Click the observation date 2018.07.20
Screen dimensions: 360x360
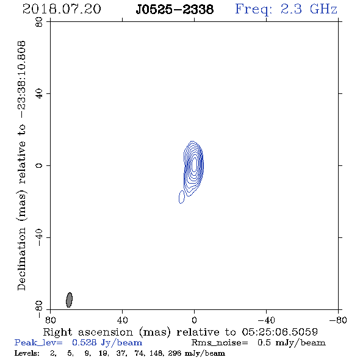tap(62, 9)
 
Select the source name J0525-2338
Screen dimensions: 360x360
tap(175, 10)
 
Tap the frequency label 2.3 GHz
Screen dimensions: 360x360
tap(309, 9)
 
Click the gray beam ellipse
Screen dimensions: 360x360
tap(69, 300)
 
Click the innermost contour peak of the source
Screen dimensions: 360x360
tap(194, 164)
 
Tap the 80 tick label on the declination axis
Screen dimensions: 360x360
tap(39, 22)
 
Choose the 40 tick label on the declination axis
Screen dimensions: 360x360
tap(39, 94)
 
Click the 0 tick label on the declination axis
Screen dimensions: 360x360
tap(39, 165)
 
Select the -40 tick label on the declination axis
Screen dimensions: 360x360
tap(39, 237)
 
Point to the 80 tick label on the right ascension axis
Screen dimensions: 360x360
tap(50, 320)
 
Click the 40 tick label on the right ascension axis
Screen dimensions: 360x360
tap(122, 320)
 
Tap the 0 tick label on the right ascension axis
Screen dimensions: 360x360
tap(194, 320)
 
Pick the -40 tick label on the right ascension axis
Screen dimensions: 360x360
tap(266, 320)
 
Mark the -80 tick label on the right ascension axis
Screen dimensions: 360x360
tap(338, 320)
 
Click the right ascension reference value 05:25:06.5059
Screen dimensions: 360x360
tap(280, 332)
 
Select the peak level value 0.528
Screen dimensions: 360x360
tap(84, 342)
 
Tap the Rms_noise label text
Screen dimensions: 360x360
tap(220, 343)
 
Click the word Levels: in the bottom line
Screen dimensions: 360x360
tap(27, 353)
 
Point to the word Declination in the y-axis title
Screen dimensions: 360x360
tap(21, 259)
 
